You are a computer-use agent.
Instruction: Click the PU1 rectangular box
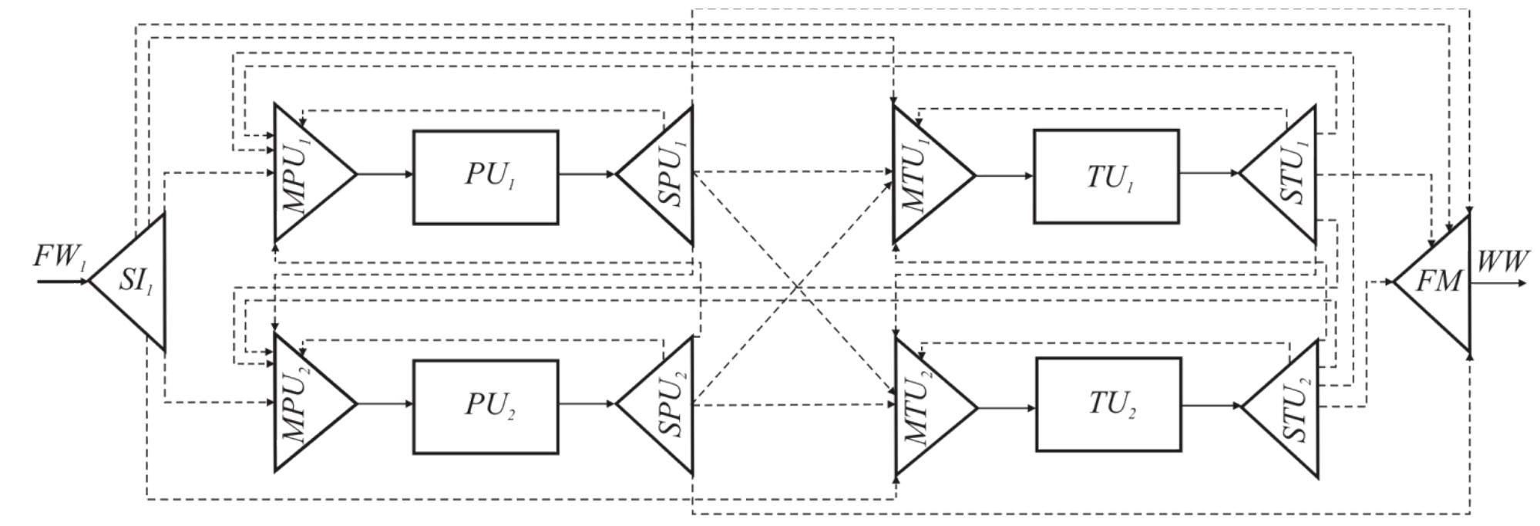(486, 177)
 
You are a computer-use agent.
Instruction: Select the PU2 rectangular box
(486, 406)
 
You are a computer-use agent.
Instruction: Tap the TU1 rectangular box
(1106, 177)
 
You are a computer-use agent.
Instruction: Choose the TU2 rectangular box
(1108, 404)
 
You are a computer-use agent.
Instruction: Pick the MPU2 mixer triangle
(304, 403)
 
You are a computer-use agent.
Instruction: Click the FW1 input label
(59, 258)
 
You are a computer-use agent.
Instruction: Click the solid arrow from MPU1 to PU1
(385, 174)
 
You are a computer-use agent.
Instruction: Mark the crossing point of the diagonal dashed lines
(795, 288)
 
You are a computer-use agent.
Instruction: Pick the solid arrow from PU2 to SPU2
(587, 403)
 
